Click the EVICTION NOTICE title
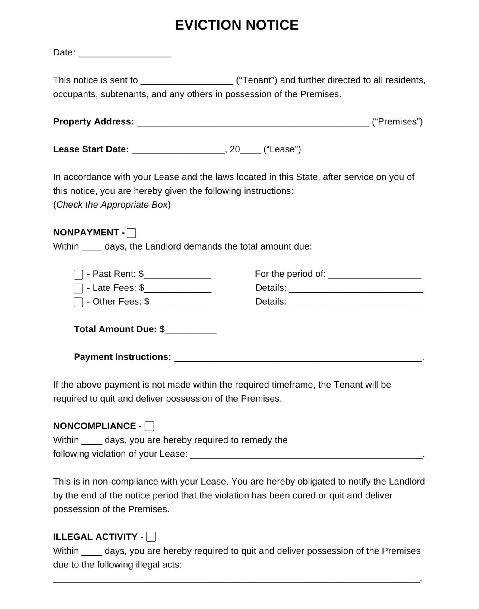[236, 25]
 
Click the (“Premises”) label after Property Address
[397, 121]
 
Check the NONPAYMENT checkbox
[131, 233]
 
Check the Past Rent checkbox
[78, 275]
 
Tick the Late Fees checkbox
[78, 288]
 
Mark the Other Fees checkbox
[78, 302]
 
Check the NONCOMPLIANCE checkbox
[149, 426]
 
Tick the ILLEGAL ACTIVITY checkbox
[151, 537]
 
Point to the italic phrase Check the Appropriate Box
[112, 205]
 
